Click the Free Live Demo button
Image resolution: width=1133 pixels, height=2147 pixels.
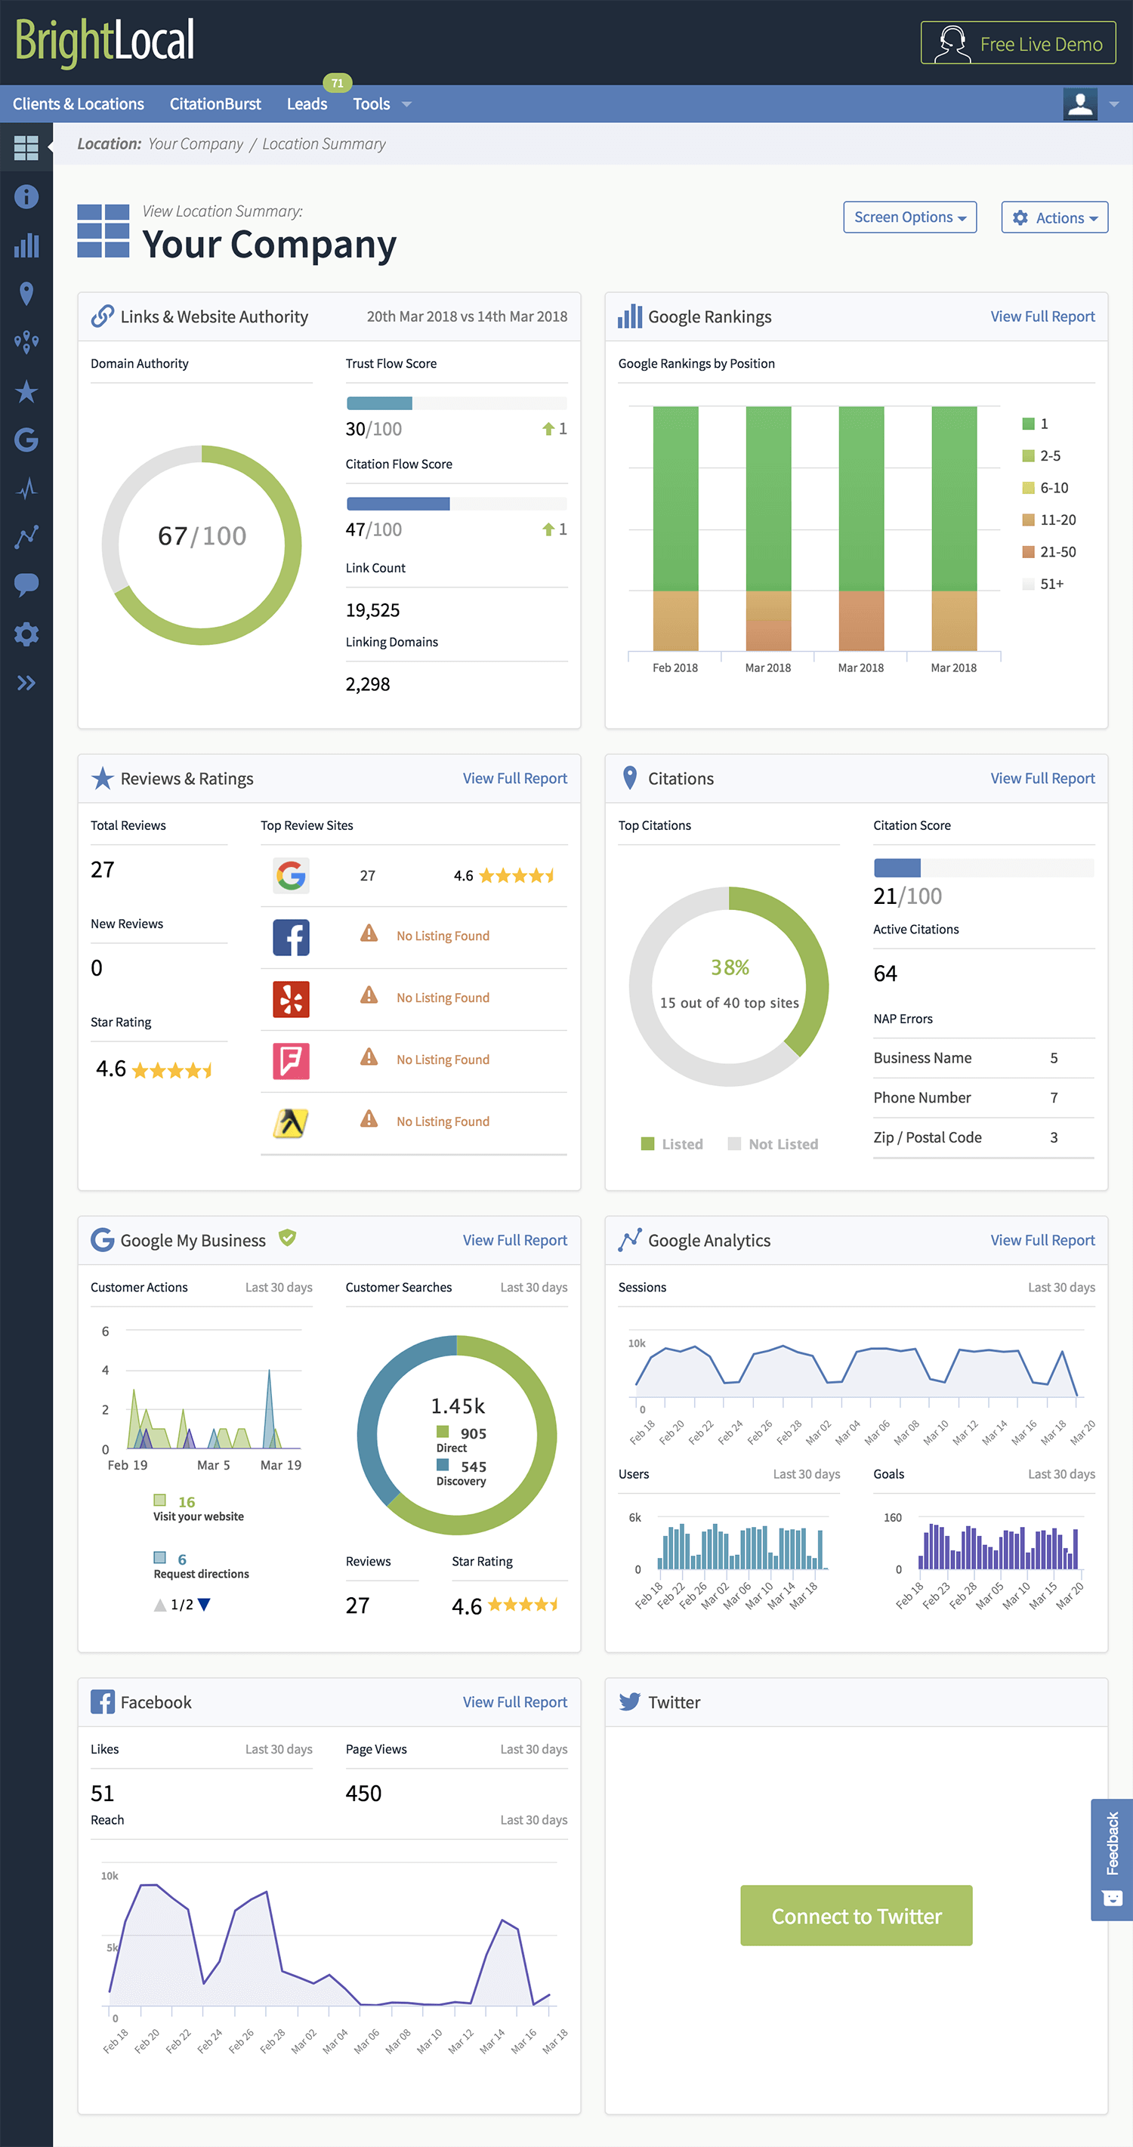point(1017,43)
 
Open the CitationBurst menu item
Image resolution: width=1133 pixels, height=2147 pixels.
point(215,104)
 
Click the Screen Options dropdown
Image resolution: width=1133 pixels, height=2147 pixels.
point(909,217)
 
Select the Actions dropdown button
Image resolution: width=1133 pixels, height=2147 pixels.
point(1054,217)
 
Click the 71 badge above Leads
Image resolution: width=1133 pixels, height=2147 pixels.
point(337,83)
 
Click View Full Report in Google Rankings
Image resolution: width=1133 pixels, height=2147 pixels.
point(1042,316)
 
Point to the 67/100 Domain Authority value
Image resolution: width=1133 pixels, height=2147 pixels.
point(202,536)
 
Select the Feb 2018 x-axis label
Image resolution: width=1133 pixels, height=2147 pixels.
point(675,668)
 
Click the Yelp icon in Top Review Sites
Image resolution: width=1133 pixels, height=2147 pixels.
point(291,998)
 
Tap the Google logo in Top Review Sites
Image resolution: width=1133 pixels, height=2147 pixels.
point(291,875)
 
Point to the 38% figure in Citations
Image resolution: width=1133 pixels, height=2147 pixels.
point(730,967)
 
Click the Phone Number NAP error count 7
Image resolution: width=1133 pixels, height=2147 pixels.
point(1054,1098)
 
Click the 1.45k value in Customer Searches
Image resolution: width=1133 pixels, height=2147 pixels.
point(458,1406)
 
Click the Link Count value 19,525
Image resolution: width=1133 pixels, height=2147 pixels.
point(372,610)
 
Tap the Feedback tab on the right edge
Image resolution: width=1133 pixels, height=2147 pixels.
point(1111,1859)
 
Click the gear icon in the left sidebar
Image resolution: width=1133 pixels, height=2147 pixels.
point(26,634)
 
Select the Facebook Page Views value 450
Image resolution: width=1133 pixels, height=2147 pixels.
point(363,1793)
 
